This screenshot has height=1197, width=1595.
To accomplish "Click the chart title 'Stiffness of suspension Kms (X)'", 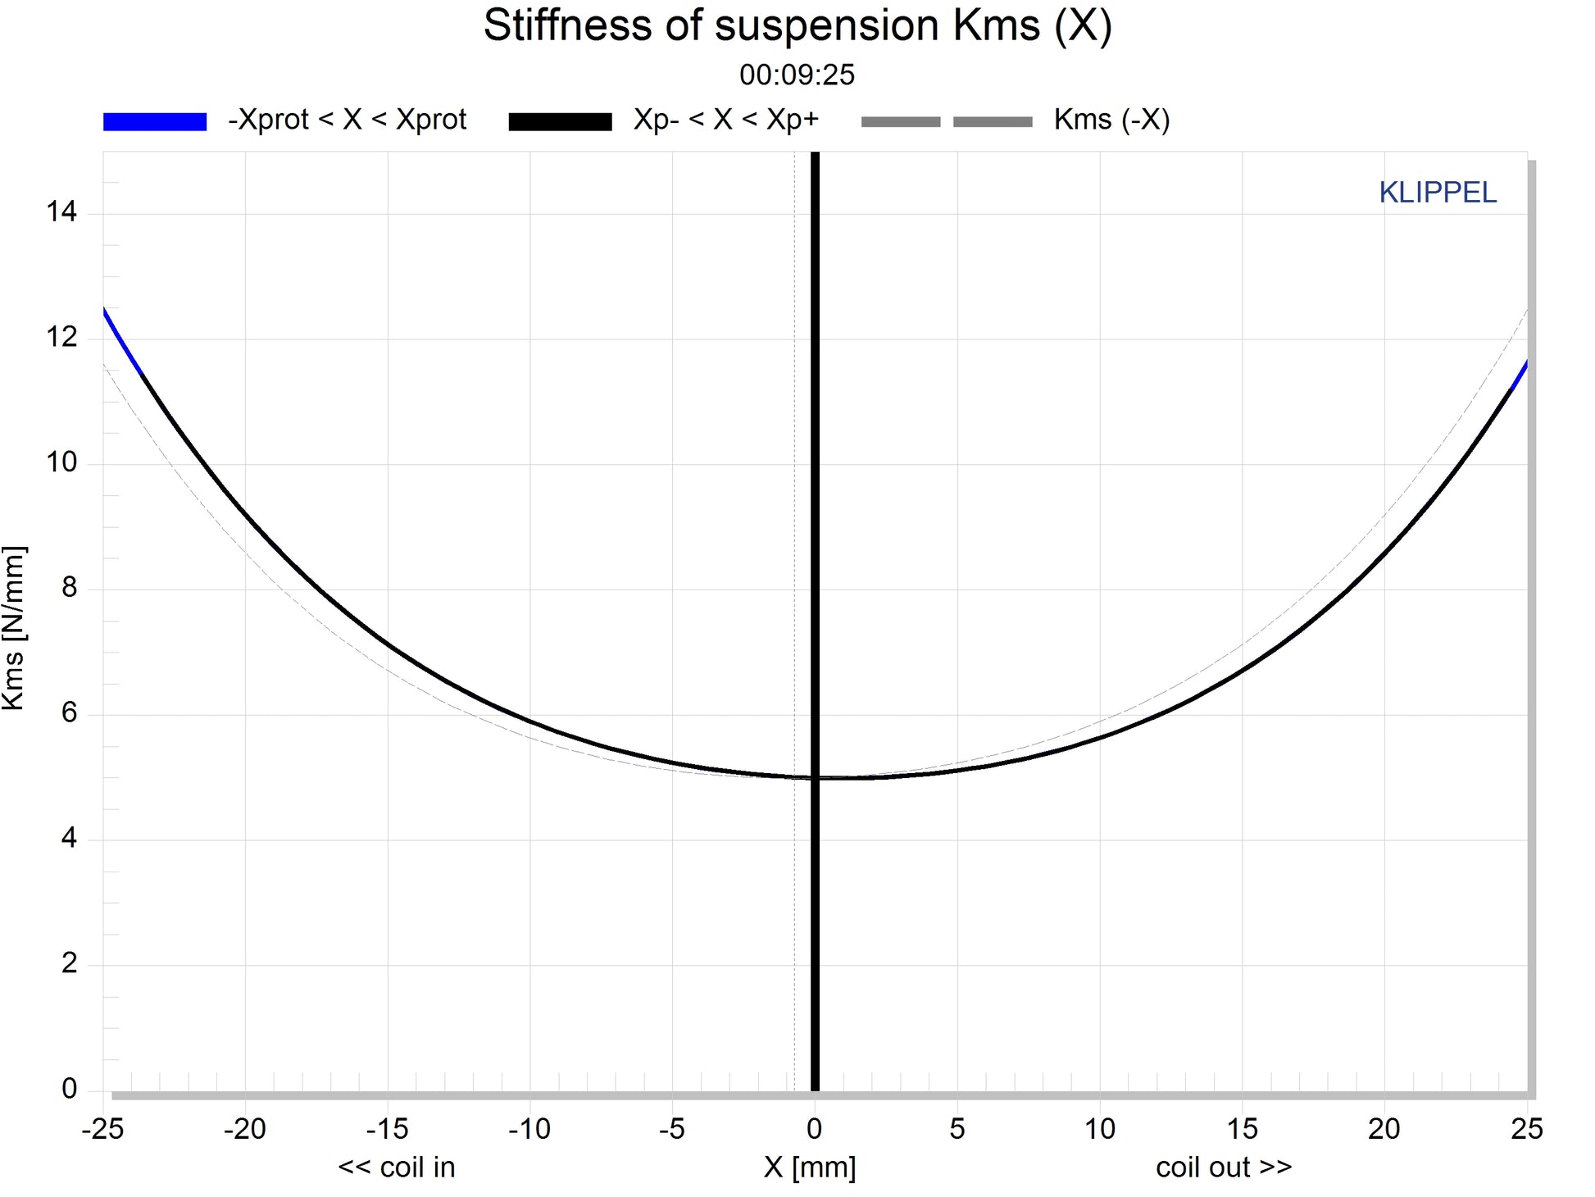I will coord(797,26).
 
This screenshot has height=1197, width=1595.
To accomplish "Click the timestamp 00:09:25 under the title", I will coord(797,75).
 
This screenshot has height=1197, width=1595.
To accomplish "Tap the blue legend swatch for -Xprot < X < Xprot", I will coord(154,121).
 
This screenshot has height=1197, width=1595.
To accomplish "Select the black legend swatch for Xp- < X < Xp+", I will coord(560,121).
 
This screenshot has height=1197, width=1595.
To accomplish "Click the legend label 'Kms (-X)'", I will coord(1111,120).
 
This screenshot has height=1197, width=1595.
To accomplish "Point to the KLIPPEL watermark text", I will coord(1437,193).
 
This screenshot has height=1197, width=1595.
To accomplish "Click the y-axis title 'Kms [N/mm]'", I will coord(14,627).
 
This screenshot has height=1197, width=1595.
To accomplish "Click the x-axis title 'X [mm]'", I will coord(809,1167).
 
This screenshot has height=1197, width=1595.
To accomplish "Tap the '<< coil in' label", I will coord(396,1167).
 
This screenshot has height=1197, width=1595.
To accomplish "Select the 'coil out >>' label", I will coord(1223,1167).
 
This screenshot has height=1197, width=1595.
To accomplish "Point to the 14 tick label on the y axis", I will coord(61,212).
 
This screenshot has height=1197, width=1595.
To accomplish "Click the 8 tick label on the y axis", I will coord(70,588).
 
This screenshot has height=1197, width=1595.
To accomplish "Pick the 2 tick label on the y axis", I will coord(70,963).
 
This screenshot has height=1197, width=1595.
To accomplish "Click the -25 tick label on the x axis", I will coord(102,1129).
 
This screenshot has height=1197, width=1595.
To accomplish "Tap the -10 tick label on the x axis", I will coord(529,1129).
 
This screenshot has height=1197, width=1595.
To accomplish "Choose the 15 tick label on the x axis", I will coord(1242,1129).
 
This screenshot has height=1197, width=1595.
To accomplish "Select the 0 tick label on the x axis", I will coord(814,1129).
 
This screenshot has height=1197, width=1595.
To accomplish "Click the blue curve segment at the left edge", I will coord(121,340).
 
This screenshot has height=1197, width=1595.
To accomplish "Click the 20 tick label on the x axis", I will coord(1384,1129).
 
